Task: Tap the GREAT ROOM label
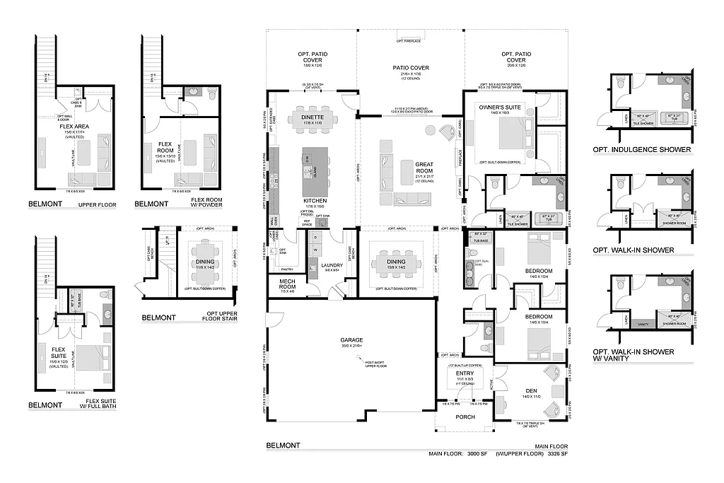[424, 168]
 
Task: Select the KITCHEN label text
[315, 201]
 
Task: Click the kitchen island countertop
[315, 173]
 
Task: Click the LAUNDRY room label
[332, 265]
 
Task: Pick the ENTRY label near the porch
[465, 374]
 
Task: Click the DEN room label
[532, 390]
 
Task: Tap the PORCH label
[465, 417]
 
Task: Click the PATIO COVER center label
[411, 68]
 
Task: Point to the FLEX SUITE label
[58, 351]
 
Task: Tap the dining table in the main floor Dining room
[396, 267]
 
